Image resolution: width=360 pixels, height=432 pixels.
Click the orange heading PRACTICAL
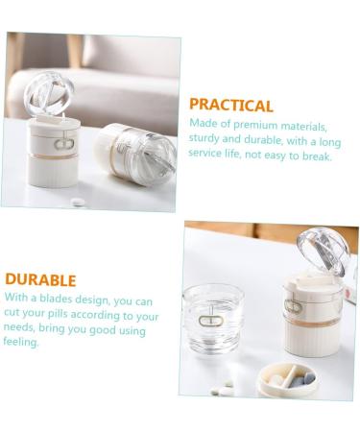[x=231, y=105]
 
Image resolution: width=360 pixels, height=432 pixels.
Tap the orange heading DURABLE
[x=40, y=279]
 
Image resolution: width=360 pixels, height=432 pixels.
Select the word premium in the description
[x=255, y=125]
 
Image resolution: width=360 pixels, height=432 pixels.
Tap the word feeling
[x=21, y=342]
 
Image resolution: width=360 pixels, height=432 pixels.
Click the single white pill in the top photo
[x=78, y=203]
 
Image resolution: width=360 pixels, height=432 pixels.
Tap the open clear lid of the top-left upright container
[x=48, y=93]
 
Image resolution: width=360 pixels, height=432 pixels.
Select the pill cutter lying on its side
[x=136, y=155]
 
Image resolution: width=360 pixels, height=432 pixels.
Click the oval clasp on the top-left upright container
[x=64, y=144]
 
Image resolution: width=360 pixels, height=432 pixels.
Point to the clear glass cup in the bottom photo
[x=213, y=319]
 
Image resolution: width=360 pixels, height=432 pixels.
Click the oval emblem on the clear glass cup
[x=211, y=321]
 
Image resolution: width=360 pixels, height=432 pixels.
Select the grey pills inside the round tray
[x=303, y=380]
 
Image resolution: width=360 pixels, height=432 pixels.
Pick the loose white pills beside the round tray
[x=223, y=388]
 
